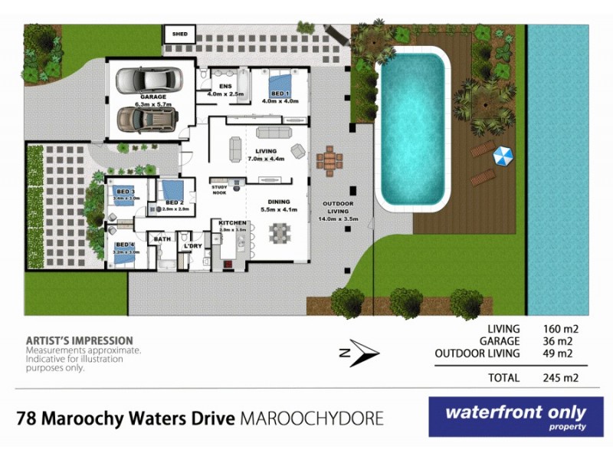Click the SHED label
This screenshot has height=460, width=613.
coord(180,34)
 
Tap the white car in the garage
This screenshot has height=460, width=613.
coord(146,79)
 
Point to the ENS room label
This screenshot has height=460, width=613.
coord(225,86)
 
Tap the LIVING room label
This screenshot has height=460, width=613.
coord(265,151)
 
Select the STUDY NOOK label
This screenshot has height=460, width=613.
coord(220,189)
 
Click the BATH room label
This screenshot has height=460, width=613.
coord(162,239)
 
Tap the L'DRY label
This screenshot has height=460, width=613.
coord(192,245)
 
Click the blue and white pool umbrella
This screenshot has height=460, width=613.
coord(503,157)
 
